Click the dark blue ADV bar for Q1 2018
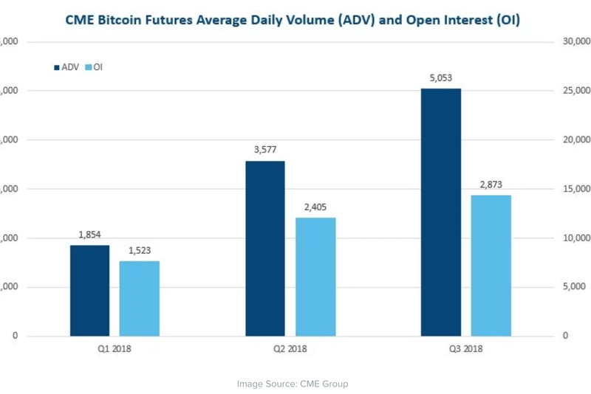90,291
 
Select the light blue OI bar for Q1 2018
139,299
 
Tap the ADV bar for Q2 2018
265,249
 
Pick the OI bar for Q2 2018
315,277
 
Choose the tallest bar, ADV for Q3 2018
441,212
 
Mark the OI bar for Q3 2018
491,266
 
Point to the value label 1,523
139,250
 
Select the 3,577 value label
265,150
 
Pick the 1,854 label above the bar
90,235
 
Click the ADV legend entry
67,67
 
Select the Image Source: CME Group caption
292,384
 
